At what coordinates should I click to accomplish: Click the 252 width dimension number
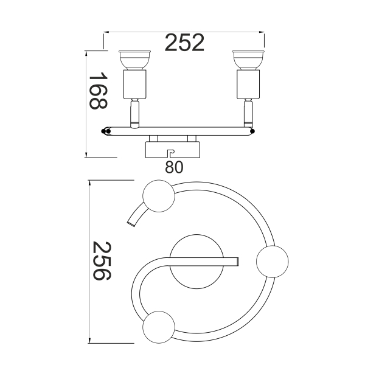(x=184, y=43)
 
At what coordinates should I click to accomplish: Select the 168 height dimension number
(x=98, y=91)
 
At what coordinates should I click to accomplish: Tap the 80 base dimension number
(x=174, y=167)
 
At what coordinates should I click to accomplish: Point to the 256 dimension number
(x=102, y=261)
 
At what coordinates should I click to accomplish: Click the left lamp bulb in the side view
(x=134, y=60)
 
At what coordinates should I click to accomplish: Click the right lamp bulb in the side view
(x=248, y=60)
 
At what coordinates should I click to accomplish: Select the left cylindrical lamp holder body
(x=135, y=84)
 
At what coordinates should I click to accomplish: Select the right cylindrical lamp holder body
(x=248, y=84)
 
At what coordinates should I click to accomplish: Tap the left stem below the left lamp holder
(x=135, y=114)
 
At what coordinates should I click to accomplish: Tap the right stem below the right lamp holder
(x=248, y=113)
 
